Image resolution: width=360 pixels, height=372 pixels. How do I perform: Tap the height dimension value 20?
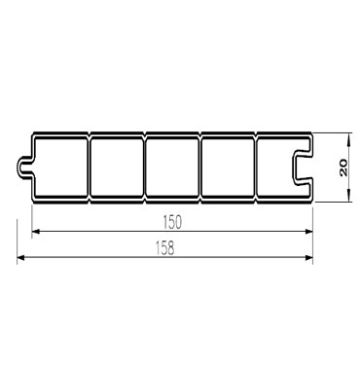[343, 167]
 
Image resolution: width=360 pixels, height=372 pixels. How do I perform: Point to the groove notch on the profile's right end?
[302, 166]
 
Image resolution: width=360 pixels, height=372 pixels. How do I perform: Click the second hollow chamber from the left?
[117, 166]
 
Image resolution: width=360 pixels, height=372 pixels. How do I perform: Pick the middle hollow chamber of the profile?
[172, 166]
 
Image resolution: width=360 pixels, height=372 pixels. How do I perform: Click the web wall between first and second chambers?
[90, 166]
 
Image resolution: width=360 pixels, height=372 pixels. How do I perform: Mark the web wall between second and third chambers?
[144, 166]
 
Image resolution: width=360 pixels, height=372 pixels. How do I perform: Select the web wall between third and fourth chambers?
[200, 166]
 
